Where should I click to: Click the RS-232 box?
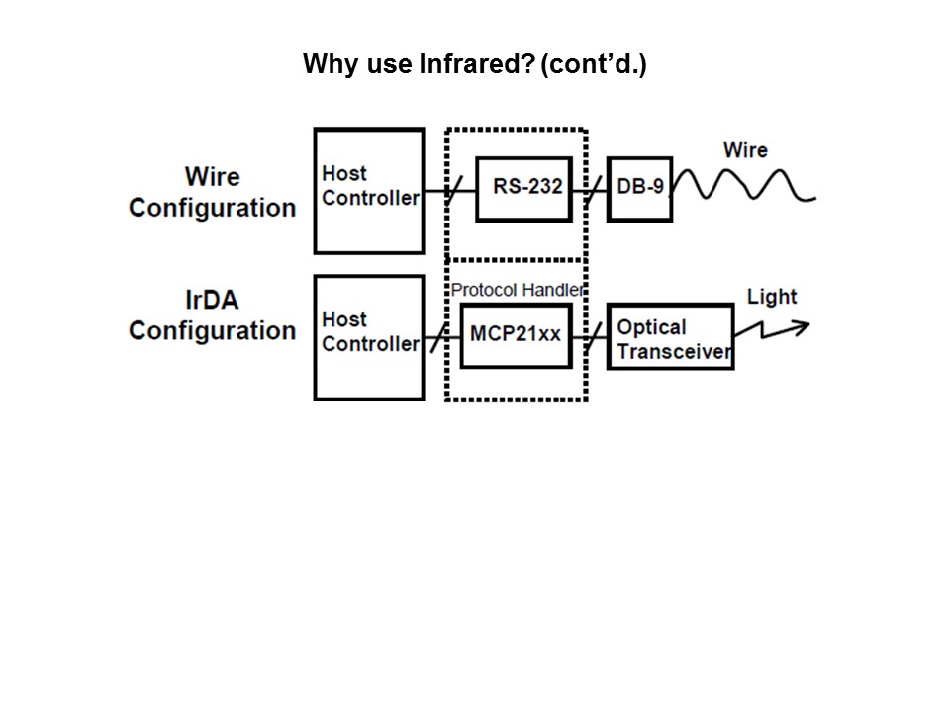click(x=523, y=188)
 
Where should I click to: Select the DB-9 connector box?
click(x=639, y=187)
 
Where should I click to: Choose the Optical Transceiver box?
click(x=670, y=337)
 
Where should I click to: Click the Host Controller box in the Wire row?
click(x=369, y=190)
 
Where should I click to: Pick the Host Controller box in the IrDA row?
click(x=369, y=336)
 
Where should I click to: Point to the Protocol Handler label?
click(x=517, y=290)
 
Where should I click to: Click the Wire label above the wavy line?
click(x=745, y=150)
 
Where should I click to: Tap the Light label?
click(x=772, y=297)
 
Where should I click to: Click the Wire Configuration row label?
click(x=212, y=192)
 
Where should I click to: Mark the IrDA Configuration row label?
click(x=212, y=314)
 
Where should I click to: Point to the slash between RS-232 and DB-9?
click(x=591, y=189)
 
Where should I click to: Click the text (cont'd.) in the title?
click(x=594, y=65)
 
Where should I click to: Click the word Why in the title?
click(x=325, y=65)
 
